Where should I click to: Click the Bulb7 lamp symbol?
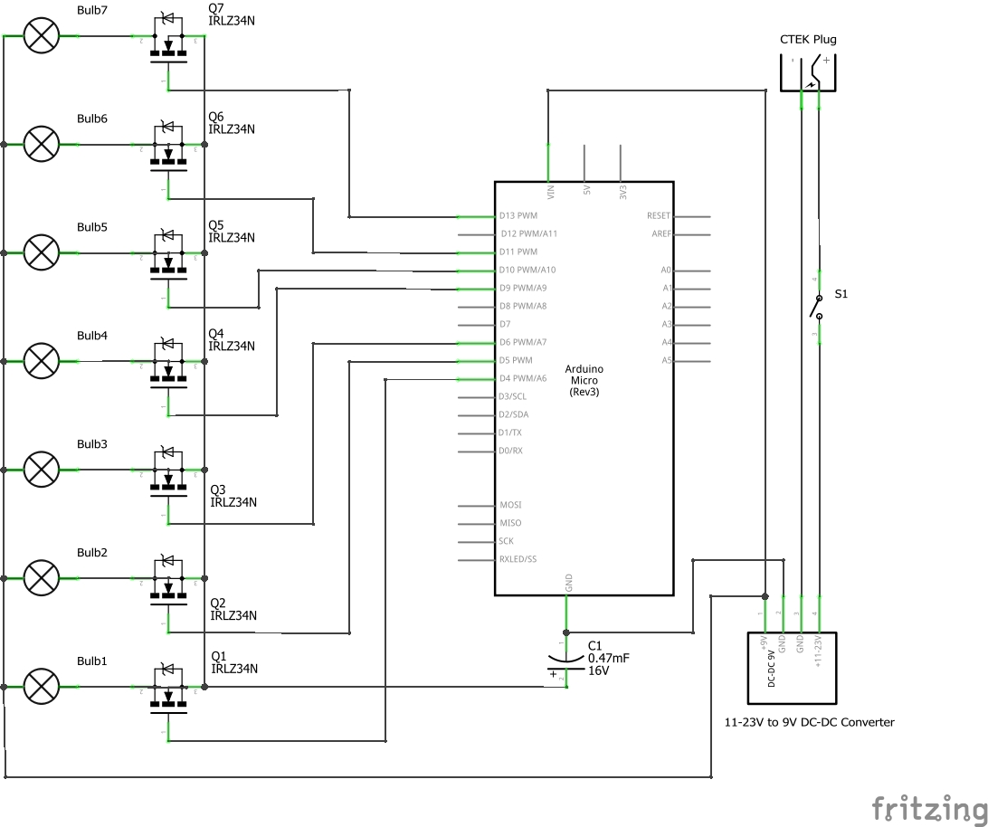point(41,35)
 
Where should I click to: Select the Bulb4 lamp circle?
point(41,361)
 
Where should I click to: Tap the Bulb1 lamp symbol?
point(41,687)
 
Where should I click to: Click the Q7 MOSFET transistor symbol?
point(167,45)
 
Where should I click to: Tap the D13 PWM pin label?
point(518,216)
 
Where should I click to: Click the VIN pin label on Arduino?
point(551,192)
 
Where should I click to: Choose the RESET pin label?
point(658,216)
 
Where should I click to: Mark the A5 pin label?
point(667,361)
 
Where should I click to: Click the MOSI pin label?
point(510,506)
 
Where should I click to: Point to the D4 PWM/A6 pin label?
point(523,379)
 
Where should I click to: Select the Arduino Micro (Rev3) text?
point(584,380)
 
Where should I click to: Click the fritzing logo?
point(928,806)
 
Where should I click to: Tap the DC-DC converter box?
point(792,668)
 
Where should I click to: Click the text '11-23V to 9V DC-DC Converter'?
point(809,722)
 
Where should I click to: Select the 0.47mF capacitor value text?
point(608,659)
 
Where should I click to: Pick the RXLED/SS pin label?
point(518,560)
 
